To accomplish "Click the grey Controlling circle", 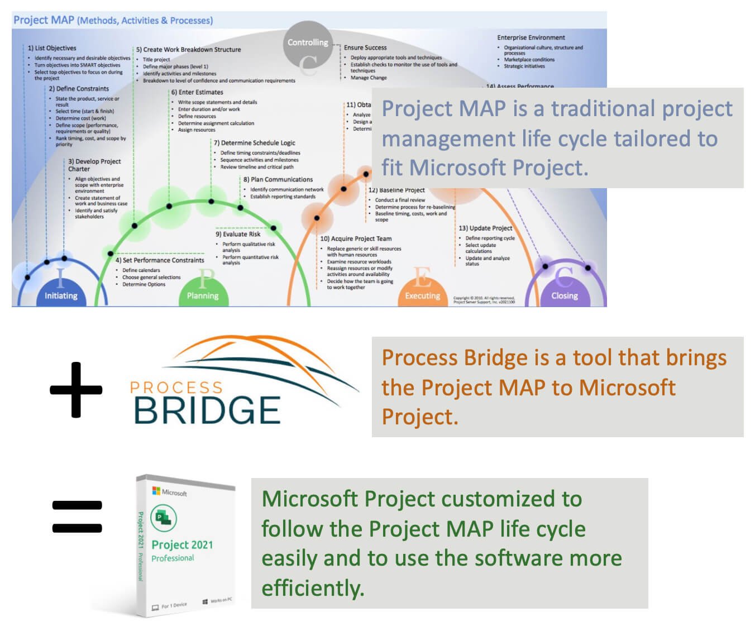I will [x=308, y=44].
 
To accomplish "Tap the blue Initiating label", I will [x=61, y=296].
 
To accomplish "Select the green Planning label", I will [x=203, y=296].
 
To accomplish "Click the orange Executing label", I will [x=422, y=296].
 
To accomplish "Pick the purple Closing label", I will [x=565, y=296].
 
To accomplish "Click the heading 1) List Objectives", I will [x=52, y=48].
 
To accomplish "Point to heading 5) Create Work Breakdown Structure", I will [x=188, y=50].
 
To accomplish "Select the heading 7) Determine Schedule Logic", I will [x=254, y=143].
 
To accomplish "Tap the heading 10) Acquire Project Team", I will [x=356, y=238].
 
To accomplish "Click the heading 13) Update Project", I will [x=485, y=228].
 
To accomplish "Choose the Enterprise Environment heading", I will [x=531, y=37].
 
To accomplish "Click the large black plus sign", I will [x=76, y=389].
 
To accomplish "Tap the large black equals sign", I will [x=77, y=517].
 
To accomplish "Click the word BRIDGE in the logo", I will [x=207, y=410].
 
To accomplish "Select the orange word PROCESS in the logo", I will [x=176, y=388].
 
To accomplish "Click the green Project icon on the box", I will [x=164, y=518].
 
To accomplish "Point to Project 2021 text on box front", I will [x=182, y=544].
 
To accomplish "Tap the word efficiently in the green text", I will [x=313, y=588].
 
